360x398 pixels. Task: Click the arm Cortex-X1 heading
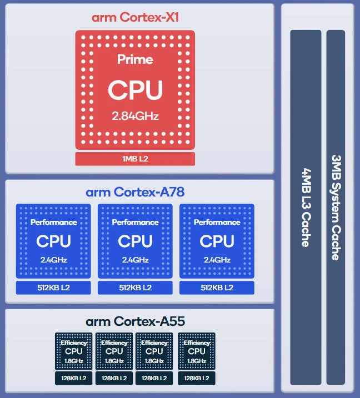pyautogui.click(x=135, y=17)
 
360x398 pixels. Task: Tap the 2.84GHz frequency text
pyautogui.click(x=135, y=116)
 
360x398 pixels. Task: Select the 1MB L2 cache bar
pyautogui.click(x=135, y=159)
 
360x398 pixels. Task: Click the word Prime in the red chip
pyautogui.click(x=135, y=59)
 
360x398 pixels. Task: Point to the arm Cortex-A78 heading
pyautogui.click(x=135, y=193)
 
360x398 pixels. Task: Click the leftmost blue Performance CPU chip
pyautogui.click(x=53, y=241)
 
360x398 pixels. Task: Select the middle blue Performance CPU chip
pyautogui.click(x=135, y=241)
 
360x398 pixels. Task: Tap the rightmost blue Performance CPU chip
pyautogui.click(x=217, y=241)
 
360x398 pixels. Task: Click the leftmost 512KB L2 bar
pyautogui.click(x=53, y=288)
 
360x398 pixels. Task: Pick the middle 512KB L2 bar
pyautogui.click(x=135, y=288)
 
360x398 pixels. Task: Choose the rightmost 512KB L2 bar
pyautogui.click(x=217, y=288)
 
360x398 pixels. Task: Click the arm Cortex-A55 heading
pyautogui.click(x=135, y=321)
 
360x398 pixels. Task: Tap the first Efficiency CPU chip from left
pyautogui.click(x=73, y=351)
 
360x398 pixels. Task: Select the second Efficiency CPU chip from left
pyautogui.click(x=114, y=351)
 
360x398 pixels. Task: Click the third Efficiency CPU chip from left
pyautogui.click(x=154, y=351)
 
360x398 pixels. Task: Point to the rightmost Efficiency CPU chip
pyautogui.click(x=196, y=351)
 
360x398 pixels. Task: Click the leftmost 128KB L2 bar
pyautogui.click(x=73, y=378)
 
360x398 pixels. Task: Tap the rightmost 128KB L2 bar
pyautogui.click(x=196, y=378)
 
